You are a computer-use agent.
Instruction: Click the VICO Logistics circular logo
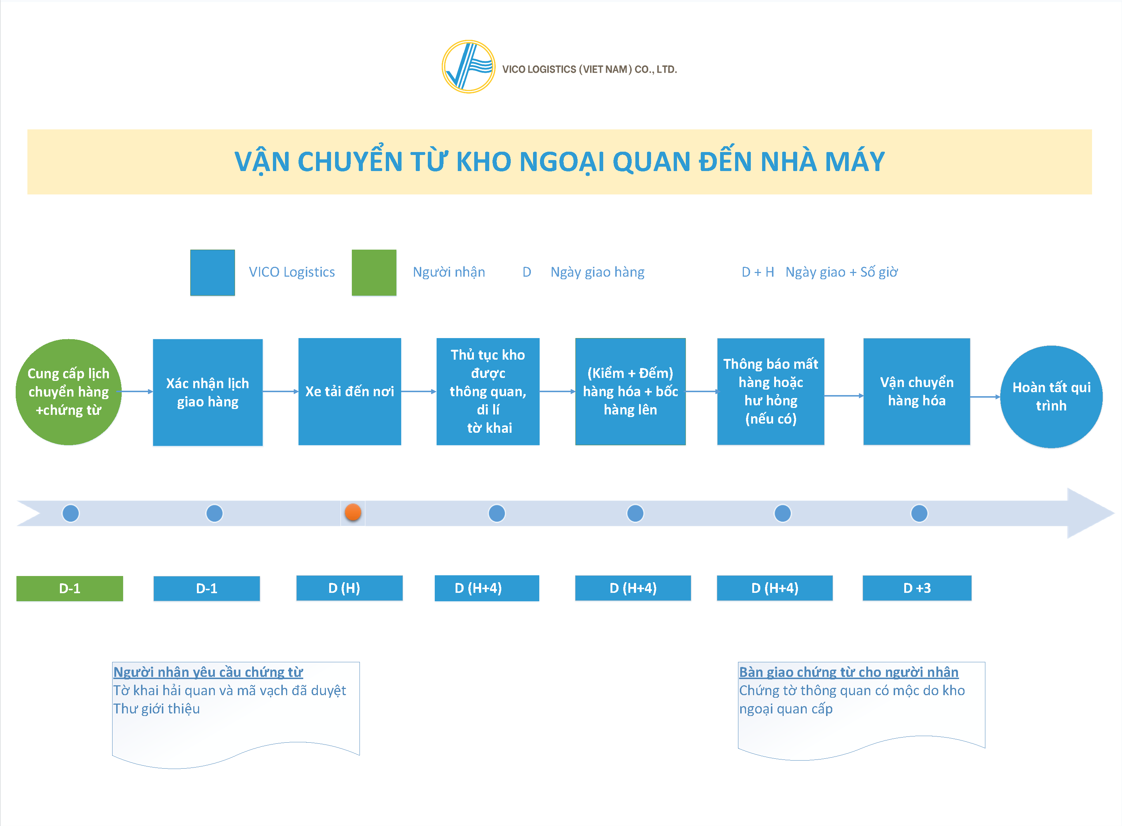468,67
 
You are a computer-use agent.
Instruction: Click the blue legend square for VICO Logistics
212,273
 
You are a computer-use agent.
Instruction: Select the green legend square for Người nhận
374,273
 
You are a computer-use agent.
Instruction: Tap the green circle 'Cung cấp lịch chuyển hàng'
68,392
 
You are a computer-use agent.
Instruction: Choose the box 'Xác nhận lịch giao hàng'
208,392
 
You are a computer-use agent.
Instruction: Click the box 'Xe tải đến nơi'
349,391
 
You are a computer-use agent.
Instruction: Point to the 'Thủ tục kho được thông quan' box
488,391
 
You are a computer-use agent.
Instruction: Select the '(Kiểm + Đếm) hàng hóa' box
630,391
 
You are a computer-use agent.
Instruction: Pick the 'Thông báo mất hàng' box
771,391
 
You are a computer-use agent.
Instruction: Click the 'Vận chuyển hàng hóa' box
917,391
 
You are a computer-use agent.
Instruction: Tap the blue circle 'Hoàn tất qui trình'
1051,397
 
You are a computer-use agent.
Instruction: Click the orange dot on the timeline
353,512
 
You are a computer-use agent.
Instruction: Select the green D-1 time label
69,588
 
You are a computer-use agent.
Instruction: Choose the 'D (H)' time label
349,588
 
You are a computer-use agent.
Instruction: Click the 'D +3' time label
917,588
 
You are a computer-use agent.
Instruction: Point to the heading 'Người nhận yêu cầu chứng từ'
208,672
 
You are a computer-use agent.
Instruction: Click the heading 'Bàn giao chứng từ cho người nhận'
849,672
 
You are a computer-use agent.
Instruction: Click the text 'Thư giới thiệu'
156,709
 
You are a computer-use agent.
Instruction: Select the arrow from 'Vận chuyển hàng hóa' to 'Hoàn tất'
985,397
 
